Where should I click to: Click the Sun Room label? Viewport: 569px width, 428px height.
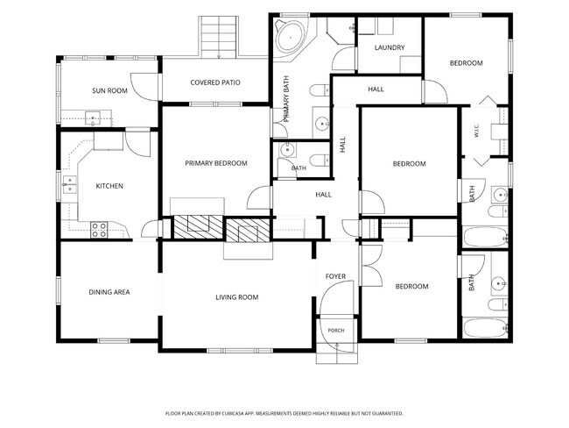(109, 90)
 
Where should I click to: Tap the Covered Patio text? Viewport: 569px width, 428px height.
(215, 82)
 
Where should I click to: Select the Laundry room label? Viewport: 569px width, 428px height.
(390, 47)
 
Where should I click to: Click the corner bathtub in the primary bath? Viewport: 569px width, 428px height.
(291, 37)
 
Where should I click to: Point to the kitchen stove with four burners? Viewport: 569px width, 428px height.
(99, 230)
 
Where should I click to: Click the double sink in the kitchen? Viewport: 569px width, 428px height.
(69, 185)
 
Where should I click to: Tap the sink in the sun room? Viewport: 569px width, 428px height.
(93, 118)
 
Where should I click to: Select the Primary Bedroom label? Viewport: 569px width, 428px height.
(216, 163)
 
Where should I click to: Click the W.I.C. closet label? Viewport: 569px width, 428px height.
(476, 131)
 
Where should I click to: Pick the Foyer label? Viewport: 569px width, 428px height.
(335, 276)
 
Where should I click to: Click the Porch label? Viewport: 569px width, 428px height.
(336, 331)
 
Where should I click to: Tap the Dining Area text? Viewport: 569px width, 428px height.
(109, 292)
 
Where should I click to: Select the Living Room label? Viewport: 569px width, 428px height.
(237, 297)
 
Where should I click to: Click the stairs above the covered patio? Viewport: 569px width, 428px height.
(219, 37)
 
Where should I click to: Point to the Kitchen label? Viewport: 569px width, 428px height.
(109, 186)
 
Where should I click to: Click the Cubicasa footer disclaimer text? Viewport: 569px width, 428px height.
(284, 413)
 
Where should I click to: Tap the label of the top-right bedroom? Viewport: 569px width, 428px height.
(467, 63)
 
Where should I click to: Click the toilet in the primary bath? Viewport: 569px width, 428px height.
(320, 90)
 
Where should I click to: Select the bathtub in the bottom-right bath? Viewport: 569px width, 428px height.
(485, 328)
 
